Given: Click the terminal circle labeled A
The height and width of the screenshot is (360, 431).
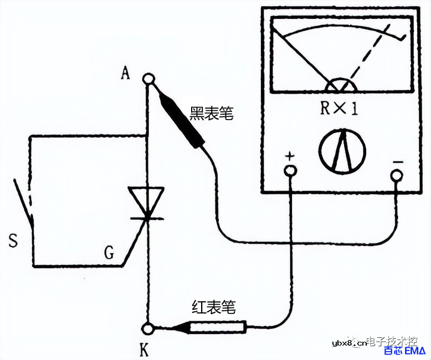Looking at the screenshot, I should point(148,79).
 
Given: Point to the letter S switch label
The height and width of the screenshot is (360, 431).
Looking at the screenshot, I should point(13,240).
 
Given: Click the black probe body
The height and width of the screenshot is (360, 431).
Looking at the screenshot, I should point(179,120).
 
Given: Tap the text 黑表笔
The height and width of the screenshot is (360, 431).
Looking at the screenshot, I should point(211,115).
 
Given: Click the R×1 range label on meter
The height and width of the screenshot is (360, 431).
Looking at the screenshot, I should point(340,109).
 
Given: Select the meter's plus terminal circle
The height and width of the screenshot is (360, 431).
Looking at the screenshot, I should point(290,171).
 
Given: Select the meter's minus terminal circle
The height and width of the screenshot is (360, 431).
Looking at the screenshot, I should point(396,176).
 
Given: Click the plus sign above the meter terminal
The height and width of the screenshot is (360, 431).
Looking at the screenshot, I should point(289,156).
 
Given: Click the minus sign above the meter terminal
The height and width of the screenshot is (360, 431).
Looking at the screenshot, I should point(397,161).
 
